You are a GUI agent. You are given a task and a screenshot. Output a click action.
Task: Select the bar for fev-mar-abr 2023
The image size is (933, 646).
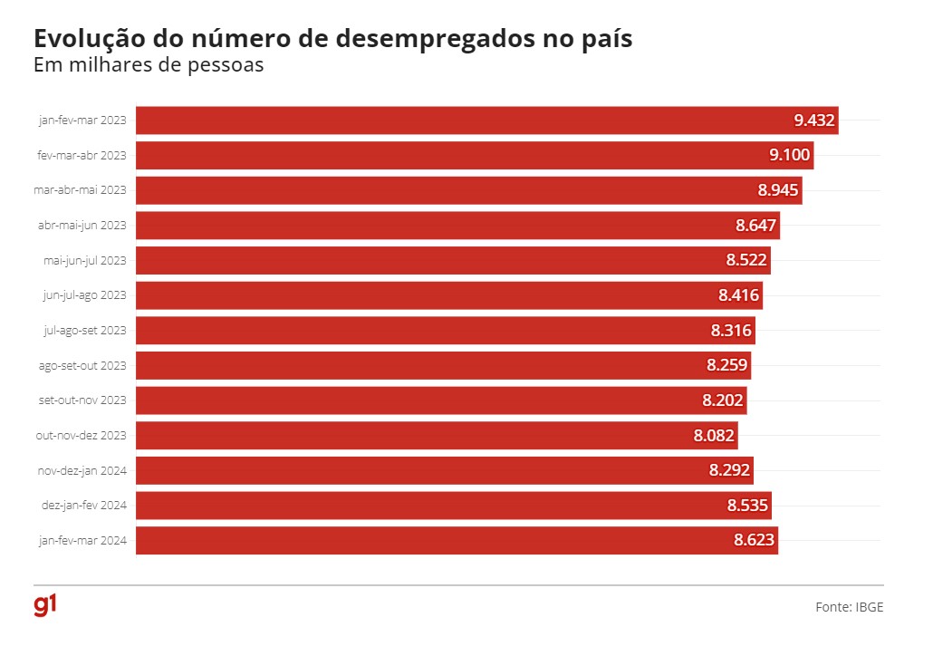point(453,155)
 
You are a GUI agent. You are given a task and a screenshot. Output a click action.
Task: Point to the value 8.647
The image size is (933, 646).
point(755,226)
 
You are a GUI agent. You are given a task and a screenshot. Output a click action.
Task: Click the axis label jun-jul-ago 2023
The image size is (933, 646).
point(84,295)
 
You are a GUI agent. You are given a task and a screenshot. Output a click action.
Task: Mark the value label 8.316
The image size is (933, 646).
point(731,331)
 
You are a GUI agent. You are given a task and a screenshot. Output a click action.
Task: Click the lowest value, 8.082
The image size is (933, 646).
point(714,436)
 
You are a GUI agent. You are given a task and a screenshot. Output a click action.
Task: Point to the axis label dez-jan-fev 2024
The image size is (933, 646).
point(82,506)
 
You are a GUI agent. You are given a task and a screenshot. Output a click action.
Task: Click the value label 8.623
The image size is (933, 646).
point(755,541)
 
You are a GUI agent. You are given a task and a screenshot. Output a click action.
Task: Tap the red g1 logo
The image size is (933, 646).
point(44,605)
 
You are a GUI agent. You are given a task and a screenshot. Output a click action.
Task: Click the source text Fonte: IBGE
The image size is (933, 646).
point(849,607)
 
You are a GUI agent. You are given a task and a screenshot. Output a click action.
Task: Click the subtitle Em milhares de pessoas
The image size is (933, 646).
point(148,66)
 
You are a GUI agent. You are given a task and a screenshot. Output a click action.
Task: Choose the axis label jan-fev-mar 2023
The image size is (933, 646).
point(82,121)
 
